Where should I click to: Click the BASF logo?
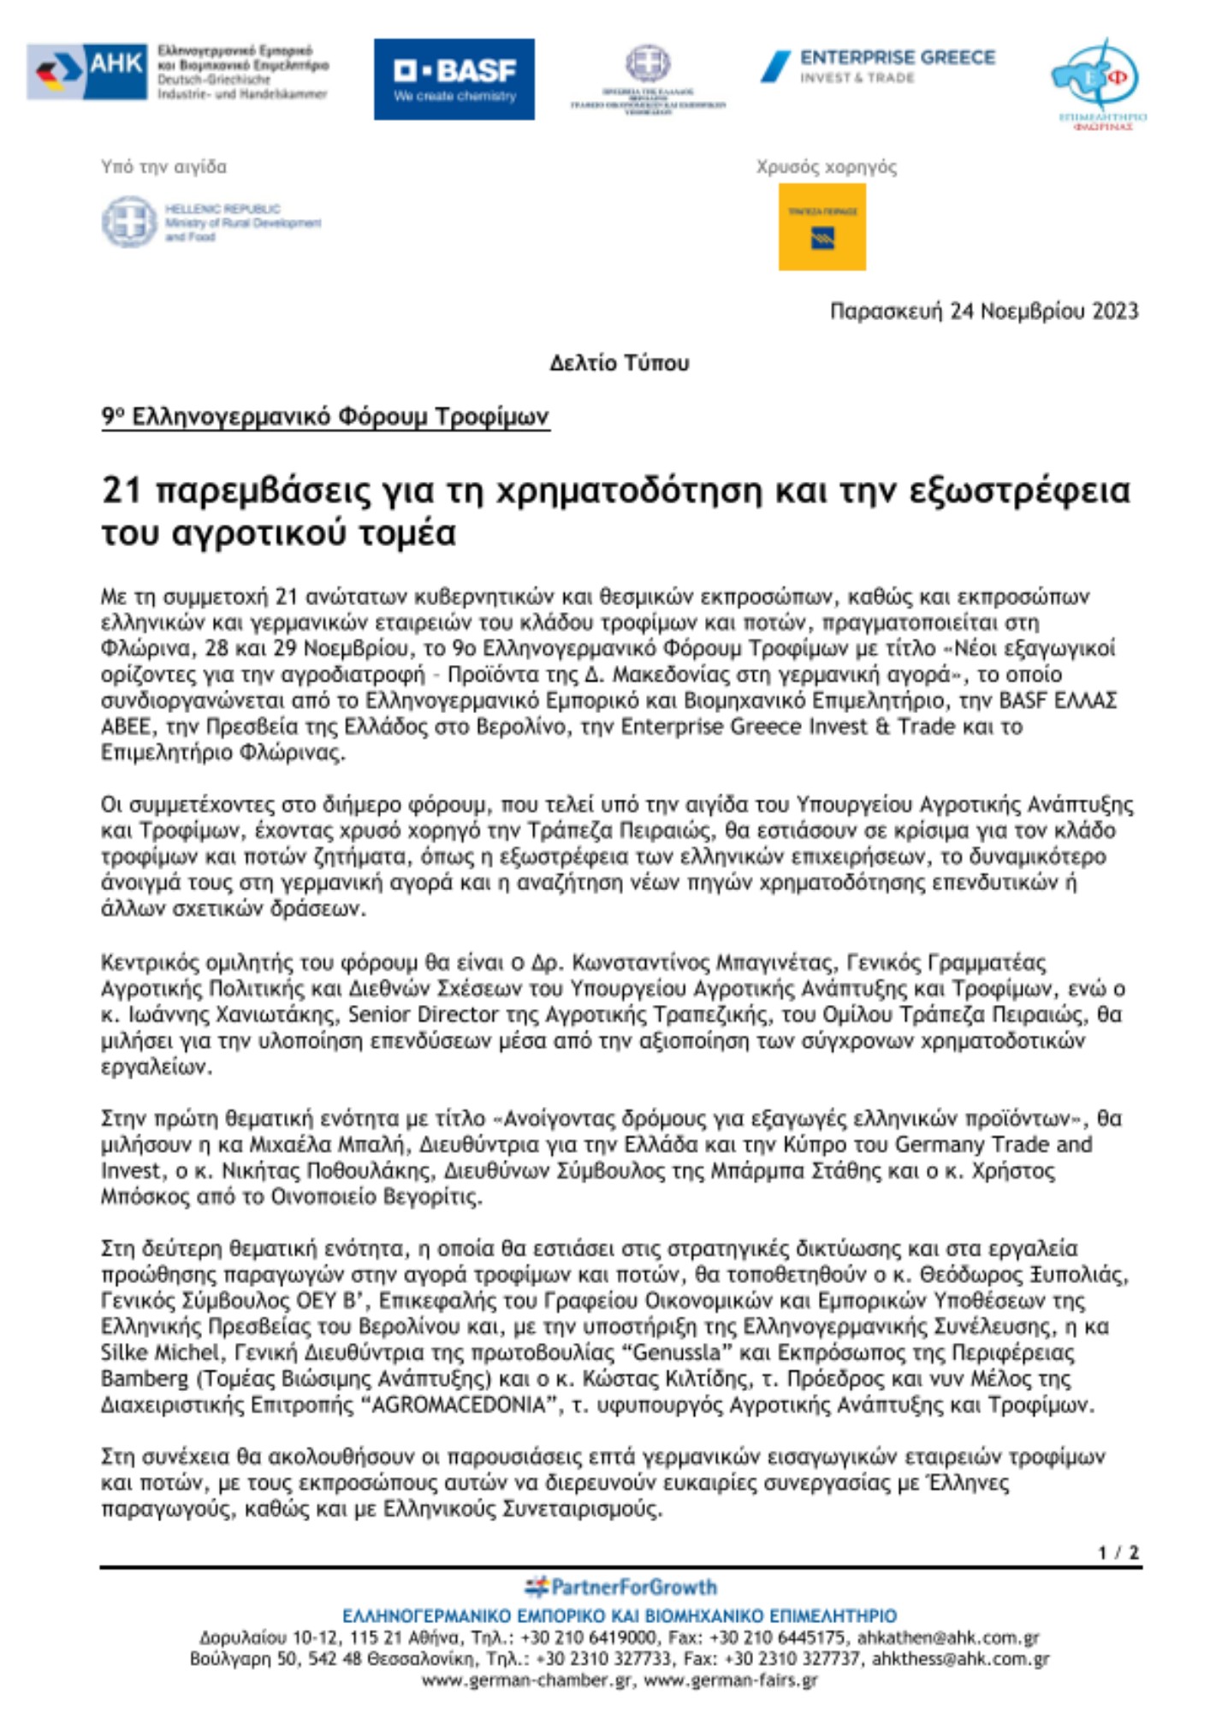pos(454,79)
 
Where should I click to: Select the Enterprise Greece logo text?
pos(897,58)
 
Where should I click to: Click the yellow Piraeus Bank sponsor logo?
pos(821,227)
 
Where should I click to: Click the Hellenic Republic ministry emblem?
pos(128,222)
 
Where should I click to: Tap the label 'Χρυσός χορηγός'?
pos(826,167)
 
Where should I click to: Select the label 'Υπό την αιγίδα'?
pos(163,167)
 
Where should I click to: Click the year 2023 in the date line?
pos(1114,311)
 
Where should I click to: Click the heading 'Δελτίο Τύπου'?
pos(619,363)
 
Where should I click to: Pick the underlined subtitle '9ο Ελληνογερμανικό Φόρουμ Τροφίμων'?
pos(325,417)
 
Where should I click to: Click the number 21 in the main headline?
pos(121,490)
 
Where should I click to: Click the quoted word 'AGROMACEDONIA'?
pos(460,1405)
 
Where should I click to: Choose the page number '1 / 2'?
pos(1118,1552)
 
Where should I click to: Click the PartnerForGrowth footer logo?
pos(620,1587)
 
